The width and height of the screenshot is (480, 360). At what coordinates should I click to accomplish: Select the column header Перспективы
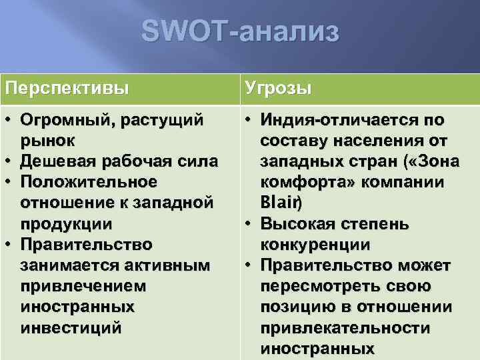67,88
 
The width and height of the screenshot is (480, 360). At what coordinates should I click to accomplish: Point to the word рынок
47,141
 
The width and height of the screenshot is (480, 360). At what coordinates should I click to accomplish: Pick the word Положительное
89,182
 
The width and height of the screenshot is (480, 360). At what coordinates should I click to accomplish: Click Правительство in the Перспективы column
86,245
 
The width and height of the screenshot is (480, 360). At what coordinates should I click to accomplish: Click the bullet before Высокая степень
247,223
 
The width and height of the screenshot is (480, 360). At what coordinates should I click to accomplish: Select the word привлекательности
345,327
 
